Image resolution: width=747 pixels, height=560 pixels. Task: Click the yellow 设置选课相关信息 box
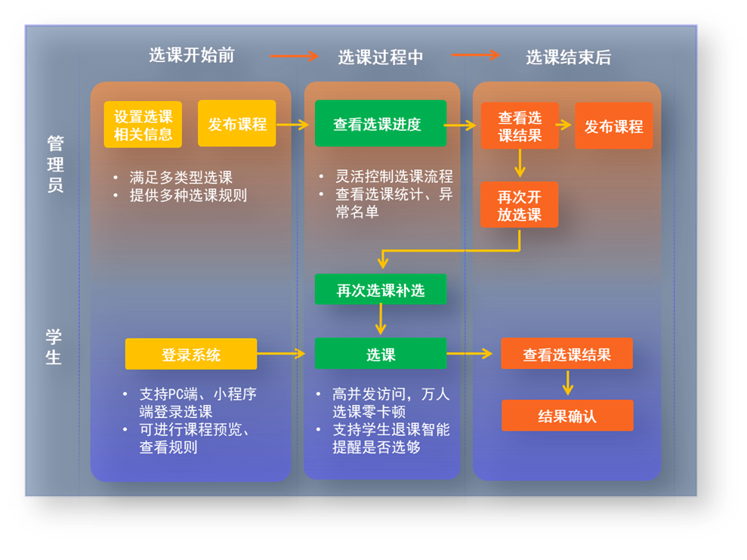point(143,125)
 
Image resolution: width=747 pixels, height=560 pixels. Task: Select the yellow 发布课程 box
point(236,123)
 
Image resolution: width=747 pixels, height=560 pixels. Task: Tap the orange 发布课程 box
point(613,125)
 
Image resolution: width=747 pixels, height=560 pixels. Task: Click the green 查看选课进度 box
point(381,123)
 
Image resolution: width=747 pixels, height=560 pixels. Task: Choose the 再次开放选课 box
point(520,205)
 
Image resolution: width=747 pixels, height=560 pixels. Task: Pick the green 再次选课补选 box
point(381,289)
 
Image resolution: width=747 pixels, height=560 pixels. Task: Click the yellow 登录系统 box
point(191,354)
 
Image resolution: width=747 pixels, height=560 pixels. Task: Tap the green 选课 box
point(381,354)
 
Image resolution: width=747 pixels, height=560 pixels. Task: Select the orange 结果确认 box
point(567,416)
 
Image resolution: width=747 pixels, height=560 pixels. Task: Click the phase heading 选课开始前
point(192,55)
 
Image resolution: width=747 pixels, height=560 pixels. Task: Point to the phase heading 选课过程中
point(381,57)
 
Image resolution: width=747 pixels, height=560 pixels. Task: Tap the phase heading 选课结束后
point(568,57)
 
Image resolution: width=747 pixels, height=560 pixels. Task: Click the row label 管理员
point(55,164)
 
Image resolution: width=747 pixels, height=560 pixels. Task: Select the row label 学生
point(54,346)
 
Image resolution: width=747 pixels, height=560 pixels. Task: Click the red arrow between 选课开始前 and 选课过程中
point(294,56)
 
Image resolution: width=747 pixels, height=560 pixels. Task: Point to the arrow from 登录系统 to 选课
point(281,354)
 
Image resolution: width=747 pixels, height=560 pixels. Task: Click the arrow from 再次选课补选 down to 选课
point(381,320)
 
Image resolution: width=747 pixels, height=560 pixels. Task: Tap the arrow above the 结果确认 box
point(567,382)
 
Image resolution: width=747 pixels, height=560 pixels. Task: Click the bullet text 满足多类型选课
point(181,178)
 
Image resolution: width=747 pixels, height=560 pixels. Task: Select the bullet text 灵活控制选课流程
point(394,176)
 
